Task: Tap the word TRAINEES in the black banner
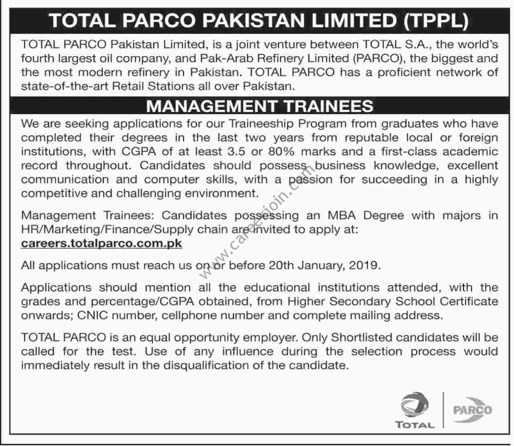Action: pyautogui.click(x=329, y=106)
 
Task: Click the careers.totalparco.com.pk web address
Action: pyautogui.click(x=101, y=243)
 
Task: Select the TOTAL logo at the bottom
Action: pyautogui.click(x=415, y=410)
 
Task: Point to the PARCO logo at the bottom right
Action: pyautogui.click(x=472, y=410)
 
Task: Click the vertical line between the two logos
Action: pyautogui.click(x=443, y=410)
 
